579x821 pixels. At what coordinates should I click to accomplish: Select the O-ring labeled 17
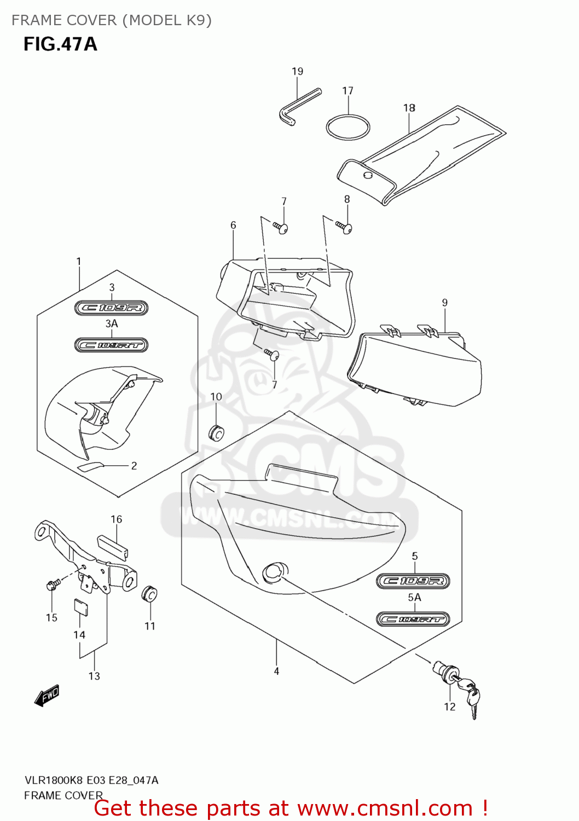point(348,128)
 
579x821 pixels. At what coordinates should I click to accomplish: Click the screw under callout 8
point(345,227)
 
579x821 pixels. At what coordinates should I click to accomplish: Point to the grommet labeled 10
point(217,432)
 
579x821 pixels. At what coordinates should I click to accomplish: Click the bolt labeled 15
point(52,586)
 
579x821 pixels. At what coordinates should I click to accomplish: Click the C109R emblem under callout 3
point(112,308)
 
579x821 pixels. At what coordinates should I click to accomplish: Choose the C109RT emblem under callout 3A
point(112,345)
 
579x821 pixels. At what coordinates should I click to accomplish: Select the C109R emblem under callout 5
point(413,581)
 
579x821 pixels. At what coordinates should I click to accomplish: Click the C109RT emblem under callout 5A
point(413,619)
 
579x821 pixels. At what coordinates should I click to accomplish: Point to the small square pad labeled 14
point(80,608)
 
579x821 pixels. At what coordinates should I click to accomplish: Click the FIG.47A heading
point(60,44)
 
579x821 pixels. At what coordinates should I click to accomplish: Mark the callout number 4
point(276,671)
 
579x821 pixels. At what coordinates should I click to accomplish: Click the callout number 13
point(94,676)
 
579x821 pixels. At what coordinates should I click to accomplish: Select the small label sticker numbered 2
point(91,466)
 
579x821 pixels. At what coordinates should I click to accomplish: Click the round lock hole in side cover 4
point(272,571)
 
